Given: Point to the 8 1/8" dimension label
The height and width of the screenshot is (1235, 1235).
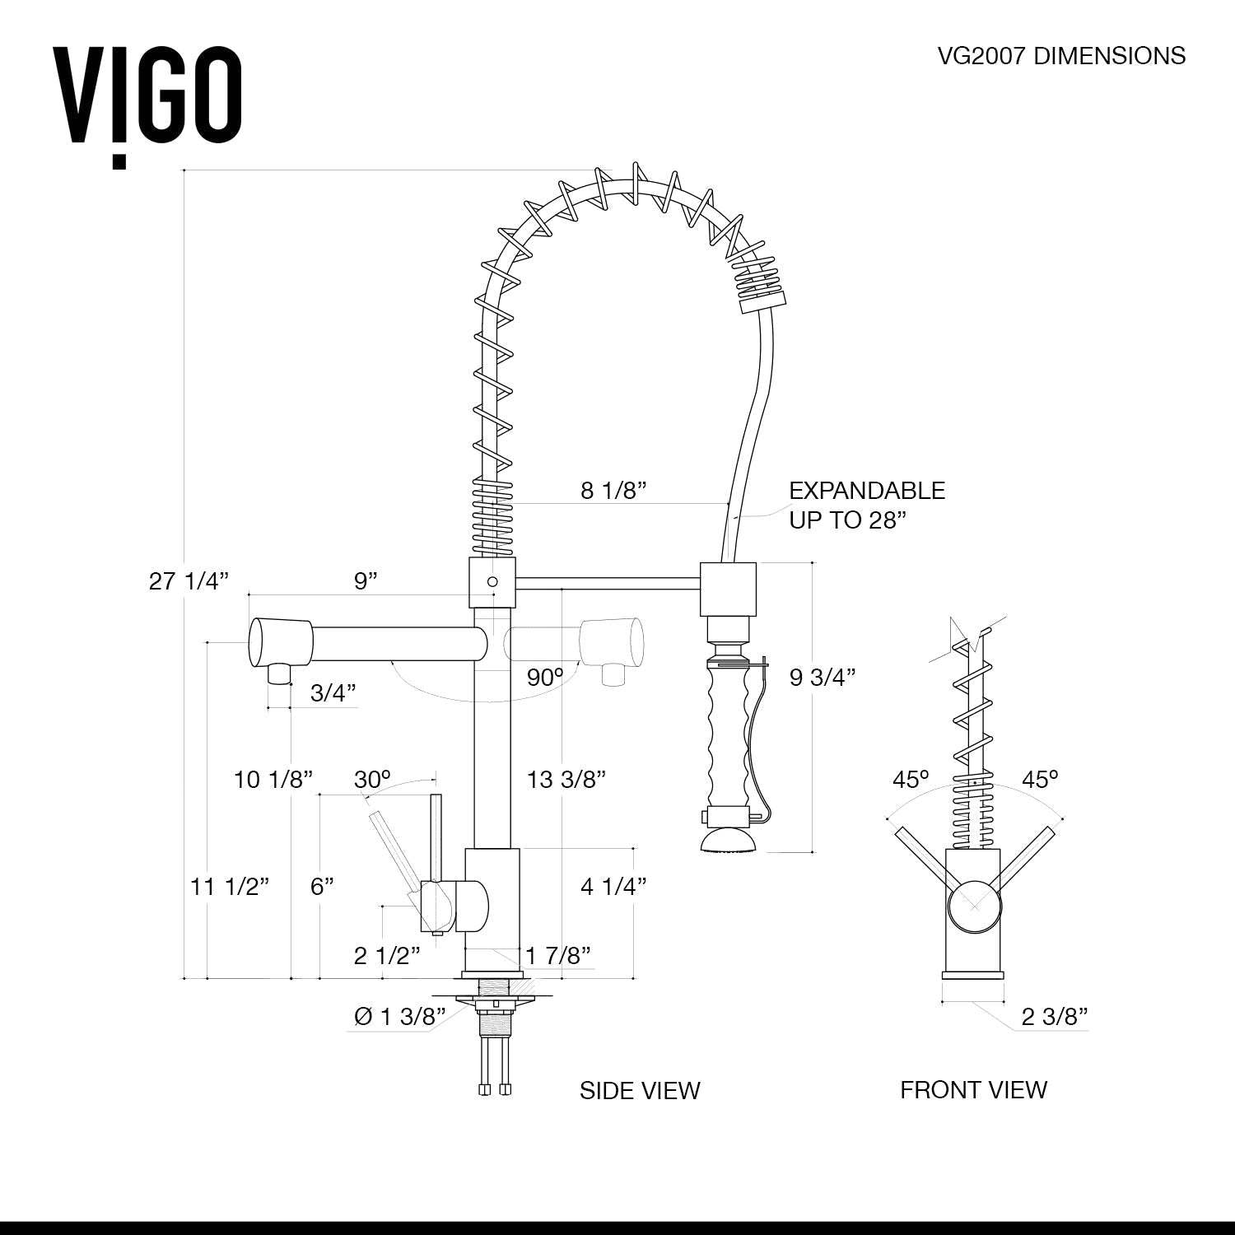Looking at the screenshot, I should pos(613,491).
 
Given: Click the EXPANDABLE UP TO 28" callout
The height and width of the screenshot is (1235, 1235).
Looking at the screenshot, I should pos(866,506).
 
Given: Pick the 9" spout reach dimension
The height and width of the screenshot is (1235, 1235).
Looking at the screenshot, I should pos(366,581).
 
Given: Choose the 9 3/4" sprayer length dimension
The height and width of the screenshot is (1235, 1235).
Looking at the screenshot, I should pos(822,677).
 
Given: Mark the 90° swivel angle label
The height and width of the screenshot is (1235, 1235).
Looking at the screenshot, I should pos(545,678).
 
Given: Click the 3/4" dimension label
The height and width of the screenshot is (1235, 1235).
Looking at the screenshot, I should pos(333,693).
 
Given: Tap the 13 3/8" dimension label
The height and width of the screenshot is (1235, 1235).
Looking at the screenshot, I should pos(566,779).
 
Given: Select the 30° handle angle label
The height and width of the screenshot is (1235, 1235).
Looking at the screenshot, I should pos(372,779).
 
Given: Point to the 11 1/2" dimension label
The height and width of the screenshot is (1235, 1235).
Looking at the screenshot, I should pos(230,887).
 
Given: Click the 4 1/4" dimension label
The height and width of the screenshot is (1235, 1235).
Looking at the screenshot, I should pos(613,887).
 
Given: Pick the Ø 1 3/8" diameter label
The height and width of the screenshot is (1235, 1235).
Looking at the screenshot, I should pos(399,1017).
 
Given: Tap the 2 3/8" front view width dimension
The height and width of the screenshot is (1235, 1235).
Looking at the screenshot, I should pos(1055,1017).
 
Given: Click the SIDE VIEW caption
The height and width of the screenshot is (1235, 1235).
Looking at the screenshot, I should pos(640,1091).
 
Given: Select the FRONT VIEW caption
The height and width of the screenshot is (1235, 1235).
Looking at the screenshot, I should pos(973,1090).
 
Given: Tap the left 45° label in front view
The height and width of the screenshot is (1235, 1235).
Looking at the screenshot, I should pos(911,779).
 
